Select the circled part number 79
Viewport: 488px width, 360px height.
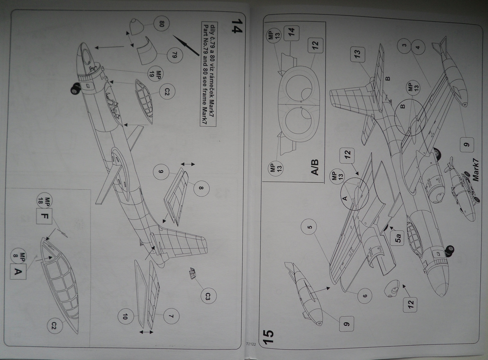point(175,55)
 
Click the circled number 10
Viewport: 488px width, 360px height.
point(125,317)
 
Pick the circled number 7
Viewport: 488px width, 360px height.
point(171,316)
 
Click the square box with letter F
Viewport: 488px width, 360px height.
point(44,216)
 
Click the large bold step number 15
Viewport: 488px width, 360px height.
point(270,337)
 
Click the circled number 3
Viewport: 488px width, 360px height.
point(404,45)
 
